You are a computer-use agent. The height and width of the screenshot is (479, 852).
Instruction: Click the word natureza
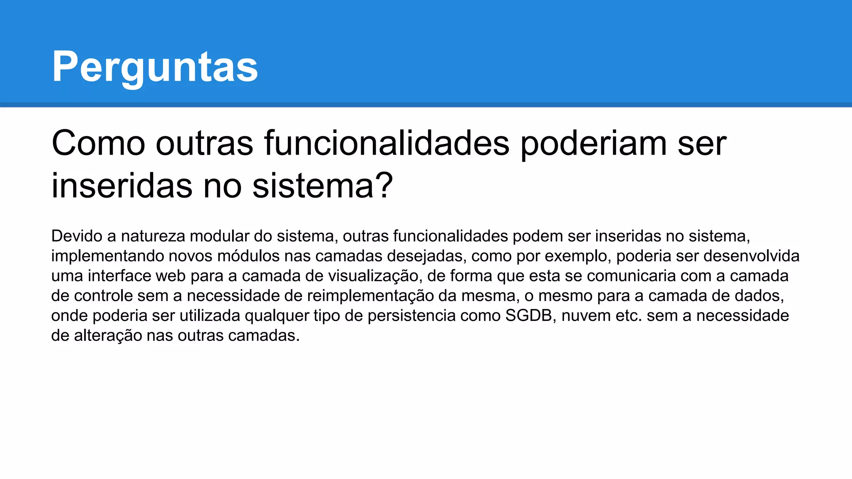(x=153, y=236)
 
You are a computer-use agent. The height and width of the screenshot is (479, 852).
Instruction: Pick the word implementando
(x=107, y=256)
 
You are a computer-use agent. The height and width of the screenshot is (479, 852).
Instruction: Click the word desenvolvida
(x=751, y=256)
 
